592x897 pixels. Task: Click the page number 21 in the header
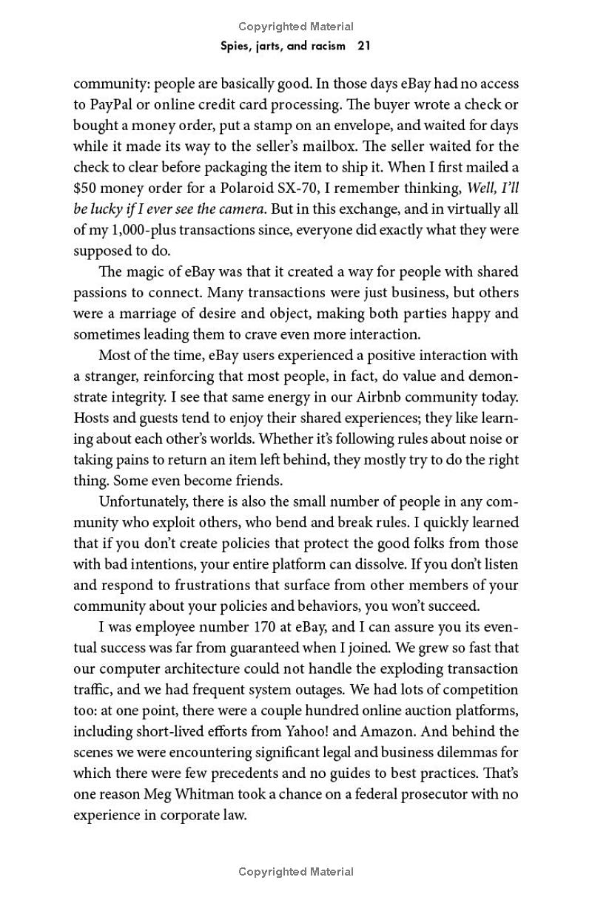(x=363, y=46)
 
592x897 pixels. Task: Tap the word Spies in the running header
(x=236, y=46)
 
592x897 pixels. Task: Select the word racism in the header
(x=326, y=46)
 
